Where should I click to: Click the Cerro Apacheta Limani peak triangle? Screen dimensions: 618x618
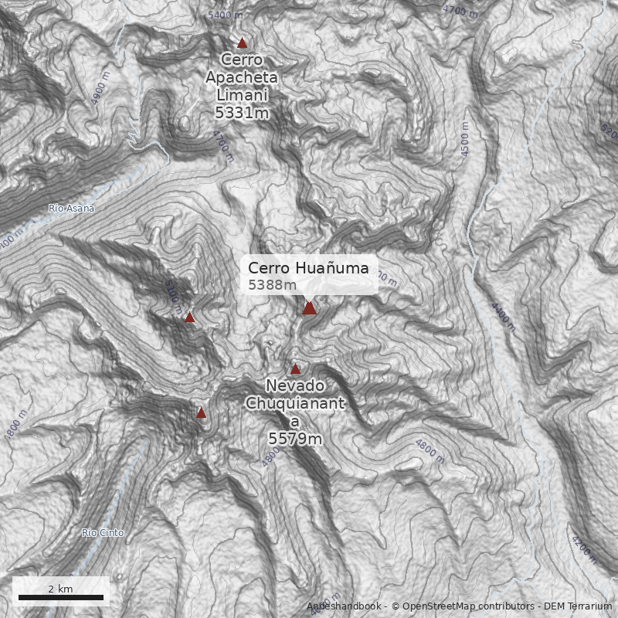[x=242, y=43]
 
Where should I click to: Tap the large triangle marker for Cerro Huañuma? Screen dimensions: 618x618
[x=309, y=308]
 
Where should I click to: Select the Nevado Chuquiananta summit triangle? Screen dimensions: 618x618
[x=295, y=368]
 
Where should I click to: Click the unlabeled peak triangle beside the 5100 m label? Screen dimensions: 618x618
[x=189, y=317]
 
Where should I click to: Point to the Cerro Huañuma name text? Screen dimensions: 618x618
[x=308, y=268]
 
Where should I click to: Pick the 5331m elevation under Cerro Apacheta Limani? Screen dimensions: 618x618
[x=242, y=112]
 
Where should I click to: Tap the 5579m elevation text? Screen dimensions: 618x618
[x=294, y=439]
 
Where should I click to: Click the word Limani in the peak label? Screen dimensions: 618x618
[x=242, y=94]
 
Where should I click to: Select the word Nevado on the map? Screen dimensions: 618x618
[x=294, y=385]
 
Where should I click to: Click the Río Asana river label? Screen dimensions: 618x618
[x=71, y=209]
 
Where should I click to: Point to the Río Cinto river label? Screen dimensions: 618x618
[x=103, y=533]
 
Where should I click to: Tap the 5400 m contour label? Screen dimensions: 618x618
[x=226, y=15]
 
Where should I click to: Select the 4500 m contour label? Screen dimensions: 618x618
[x=464, y=139]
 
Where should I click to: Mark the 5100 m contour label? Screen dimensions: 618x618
[x=173, y=293]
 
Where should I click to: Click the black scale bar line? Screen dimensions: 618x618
[x=60, y=598]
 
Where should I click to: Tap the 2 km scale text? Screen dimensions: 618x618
[x=60, y=589]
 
